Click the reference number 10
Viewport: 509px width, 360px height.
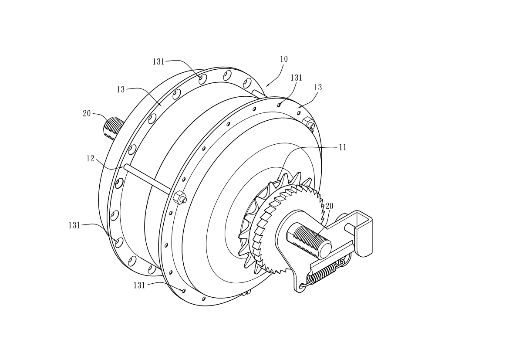tap(284, 59)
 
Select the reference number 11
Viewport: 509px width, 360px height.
tap(343, 147)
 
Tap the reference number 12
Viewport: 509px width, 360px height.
tap(90, 159)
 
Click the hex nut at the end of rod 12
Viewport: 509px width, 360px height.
tap(180, 197)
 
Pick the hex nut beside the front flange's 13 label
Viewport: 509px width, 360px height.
tap(308, 123)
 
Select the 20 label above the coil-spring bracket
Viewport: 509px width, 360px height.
tap(329, 206)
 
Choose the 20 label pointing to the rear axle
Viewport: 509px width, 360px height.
tap(87, 114)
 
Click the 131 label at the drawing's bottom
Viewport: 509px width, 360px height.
tap(139, 285)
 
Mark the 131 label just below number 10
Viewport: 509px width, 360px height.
tap(296, 78)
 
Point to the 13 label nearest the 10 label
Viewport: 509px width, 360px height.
tap(318, 87)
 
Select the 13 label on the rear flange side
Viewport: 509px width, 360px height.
tap(121, 89)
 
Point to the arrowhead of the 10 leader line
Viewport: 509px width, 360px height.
tap(267, 86)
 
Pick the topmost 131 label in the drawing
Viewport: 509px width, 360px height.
tap(158, 62)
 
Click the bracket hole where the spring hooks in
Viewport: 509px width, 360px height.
tap(302, 286)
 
